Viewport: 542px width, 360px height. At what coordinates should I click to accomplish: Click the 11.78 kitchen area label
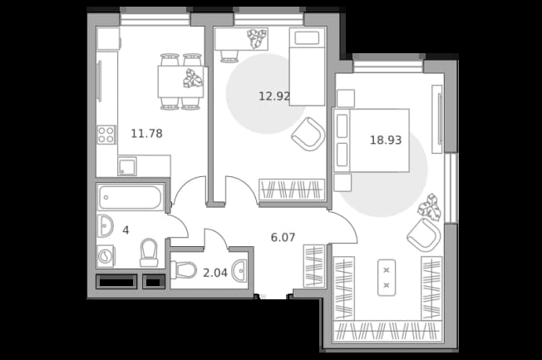coord(146,133)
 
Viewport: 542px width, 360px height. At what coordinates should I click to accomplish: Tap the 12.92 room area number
coord(274,96)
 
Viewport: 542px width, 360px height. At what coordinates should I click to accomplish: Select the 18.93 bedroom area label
coord(386,140)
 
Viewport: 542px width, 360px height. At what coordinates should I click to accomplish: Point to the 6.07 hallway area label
coord(283,237)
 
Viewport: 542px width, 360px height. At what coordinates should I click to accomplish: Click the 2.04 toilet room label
coord(215,273)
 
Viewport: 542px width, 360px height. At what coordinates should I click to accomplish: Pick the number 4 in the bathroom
coord(126,230)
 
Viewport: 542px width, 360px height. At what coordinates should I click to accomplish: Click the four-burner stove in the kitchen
coord(106,135)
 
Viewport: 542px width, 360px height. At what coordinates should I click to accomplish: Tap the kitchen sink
coord(127,166)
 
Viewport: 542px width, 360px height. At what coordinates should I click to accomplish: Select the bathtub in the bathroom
coord(131,197)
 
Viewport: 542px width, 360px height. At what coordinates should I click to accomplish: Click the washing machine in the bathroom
coord(106,256)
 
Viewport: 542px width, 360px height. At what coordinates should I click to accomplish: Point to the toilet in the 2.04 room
coord(184,269)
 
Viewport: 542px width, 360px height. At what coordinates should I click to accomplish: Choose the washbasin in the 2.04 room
coord(239,271)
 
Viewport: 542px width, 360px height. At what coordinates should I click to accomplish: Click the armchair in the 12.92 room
coord(308,134)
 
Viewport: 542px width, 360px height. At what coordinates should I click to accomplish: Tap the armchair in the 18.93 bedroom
coord(424,235)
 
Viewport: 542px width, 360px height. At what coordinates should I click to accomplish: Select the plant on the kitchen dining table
coord(193,78)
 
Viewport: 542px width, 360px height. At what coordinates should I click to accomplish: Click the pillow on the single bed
coord(307,37)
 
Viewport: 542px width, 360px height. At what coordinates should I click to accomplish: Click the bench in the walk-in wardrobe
coord(387,278)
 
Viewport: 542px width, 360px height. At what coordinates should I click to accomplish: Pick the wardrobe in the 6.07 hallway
coord(314,266)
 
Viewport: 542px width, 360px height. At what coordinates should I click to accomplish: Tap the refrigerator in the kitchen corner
coord(108,39)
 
